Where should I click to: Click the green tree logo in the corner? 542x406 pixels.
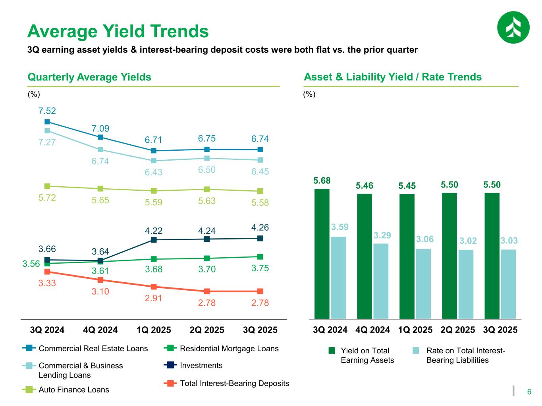(x=513, y=27)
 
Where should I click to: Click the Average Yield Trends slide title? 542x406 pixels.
(x=118, y=31)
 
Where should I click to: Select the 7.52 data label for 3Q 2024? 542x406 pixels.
(x=47, y=111)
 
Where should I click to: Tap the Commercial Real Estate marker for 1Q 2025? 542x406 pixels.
(x=154, y=151)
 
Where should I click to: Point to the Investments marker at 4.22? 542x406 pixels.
(x=154, y=240)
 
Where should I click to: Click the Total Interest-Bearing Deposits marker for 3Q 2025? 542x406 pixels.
(x=260, y=291)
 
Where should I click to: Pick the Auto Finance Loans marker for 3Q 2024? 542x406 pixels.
(x=47, y=186)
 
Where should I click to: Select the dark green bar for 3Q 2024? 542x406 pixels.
(x=322, y=253)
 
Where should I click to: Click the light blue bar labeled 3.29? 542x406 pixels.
(x=381, y=281)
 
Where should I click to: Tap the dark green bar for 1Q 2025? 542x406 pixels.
(x=407, y=256)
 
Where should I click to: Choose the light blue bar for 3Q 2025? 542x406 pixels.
(x=508, y=284)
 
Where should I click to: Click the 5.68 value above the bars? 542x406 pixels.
(x=322, y=181)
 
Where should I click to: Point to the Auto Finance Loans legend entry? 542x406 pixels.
(x=73, y=390)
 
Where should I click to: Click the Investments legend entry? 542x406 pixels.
(x=201, y=366)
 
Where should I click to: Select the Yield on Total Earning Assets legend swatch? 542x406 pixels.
(x=332, y=351)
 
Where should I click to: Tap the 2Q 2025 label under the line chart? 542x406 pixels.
(x=207, y=330)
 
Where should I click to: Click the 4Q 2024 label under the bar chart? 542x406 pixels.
(x=373, y=330)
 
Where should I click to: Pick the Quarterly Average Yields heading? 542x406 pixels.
(x=89, y=77)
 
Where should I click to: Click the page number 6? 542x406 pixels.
(x=529, y=392)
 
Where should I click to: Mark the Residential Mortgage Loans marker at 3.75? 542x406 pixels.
(x=260, y=257)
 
